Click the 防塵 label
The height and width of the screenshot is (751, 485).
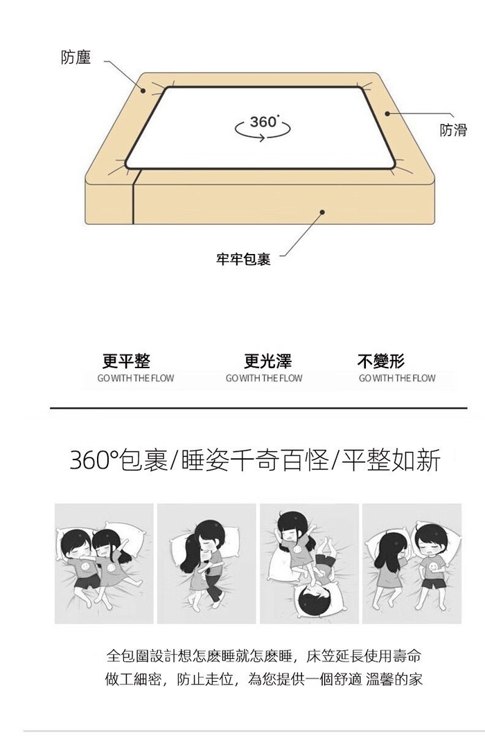point(76,57)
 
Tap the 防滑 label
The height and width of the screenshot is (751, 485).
point(453,130)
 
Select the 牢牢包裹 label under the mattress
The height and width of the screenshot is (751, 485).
point(243,260)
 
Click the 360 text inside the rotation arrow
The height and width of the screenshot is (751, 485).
point(263,122)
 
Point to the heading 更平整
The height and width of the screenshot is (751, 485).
point(127,361)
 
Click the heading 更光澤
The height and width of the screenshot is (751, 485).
point(267,361)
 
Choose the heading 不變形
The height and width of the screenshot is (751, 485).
point(380,361)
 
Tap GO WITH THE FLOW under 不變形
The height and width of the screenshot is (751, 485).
point(397,379)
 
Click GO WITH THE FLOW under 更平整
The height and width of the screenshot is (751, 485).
point(136,379)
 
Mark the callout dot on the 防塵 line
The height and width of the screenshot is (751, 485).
point(143,90)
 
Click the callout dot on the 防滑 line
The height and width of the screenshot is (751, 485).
point(387,114)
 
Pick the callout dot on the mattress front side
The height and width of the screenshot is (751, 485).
point(323,212)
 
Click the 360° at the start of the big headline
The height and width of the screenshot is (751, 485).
point(94,460)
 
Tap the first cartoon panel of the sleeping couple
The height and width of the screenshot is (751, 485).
point(104,563)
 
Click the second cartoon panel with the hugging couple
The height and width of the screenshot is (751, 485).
point(206,563)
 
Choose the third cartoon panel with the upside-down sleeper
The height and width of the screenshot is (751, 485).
point(309,563)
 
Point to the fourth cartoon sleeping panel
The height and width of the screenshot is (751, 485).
point(412,563)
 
